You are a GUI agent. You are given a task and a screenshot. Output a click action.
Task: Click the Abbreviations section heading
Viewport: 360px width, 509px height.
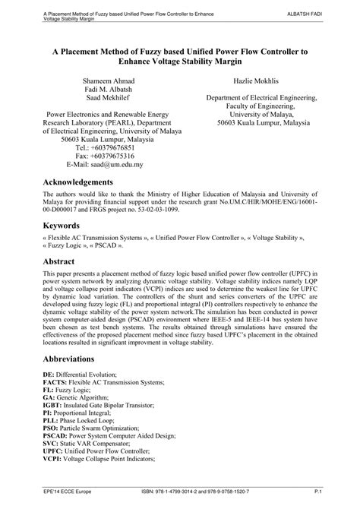[73, 358]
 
